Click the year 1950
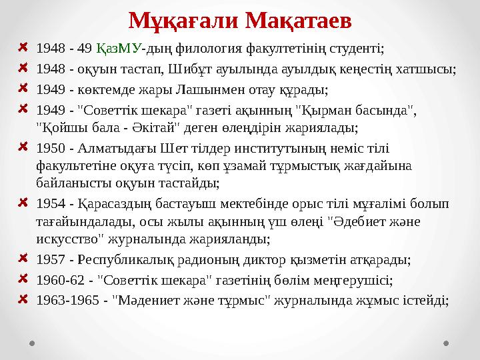50,148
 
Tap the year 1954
50,203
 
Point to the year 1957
50,260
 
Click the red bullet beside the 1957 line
23,259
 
